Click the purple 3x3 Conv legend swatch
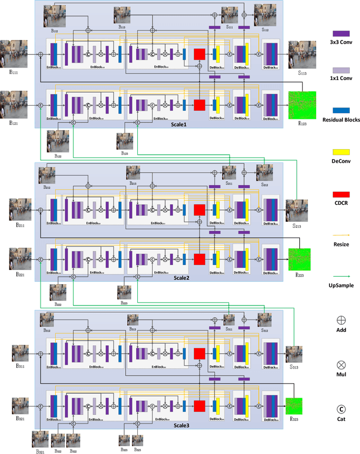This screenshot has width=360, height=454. [x=341, y=33]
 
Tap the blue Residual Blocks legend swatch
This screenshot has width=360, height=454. [x=341, y=110]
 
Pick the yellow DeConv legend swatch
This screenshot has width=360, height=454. [x=341, y=152]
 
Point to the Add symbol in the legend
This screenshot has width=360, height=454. [x=341, y=320]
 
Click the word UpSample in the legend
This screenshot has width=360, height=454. [x=341, y=286]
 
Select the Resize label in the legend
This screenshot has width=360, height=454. [x=341, y=244]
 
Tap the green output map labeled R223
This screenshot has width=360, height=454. [x=299, y=259]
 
